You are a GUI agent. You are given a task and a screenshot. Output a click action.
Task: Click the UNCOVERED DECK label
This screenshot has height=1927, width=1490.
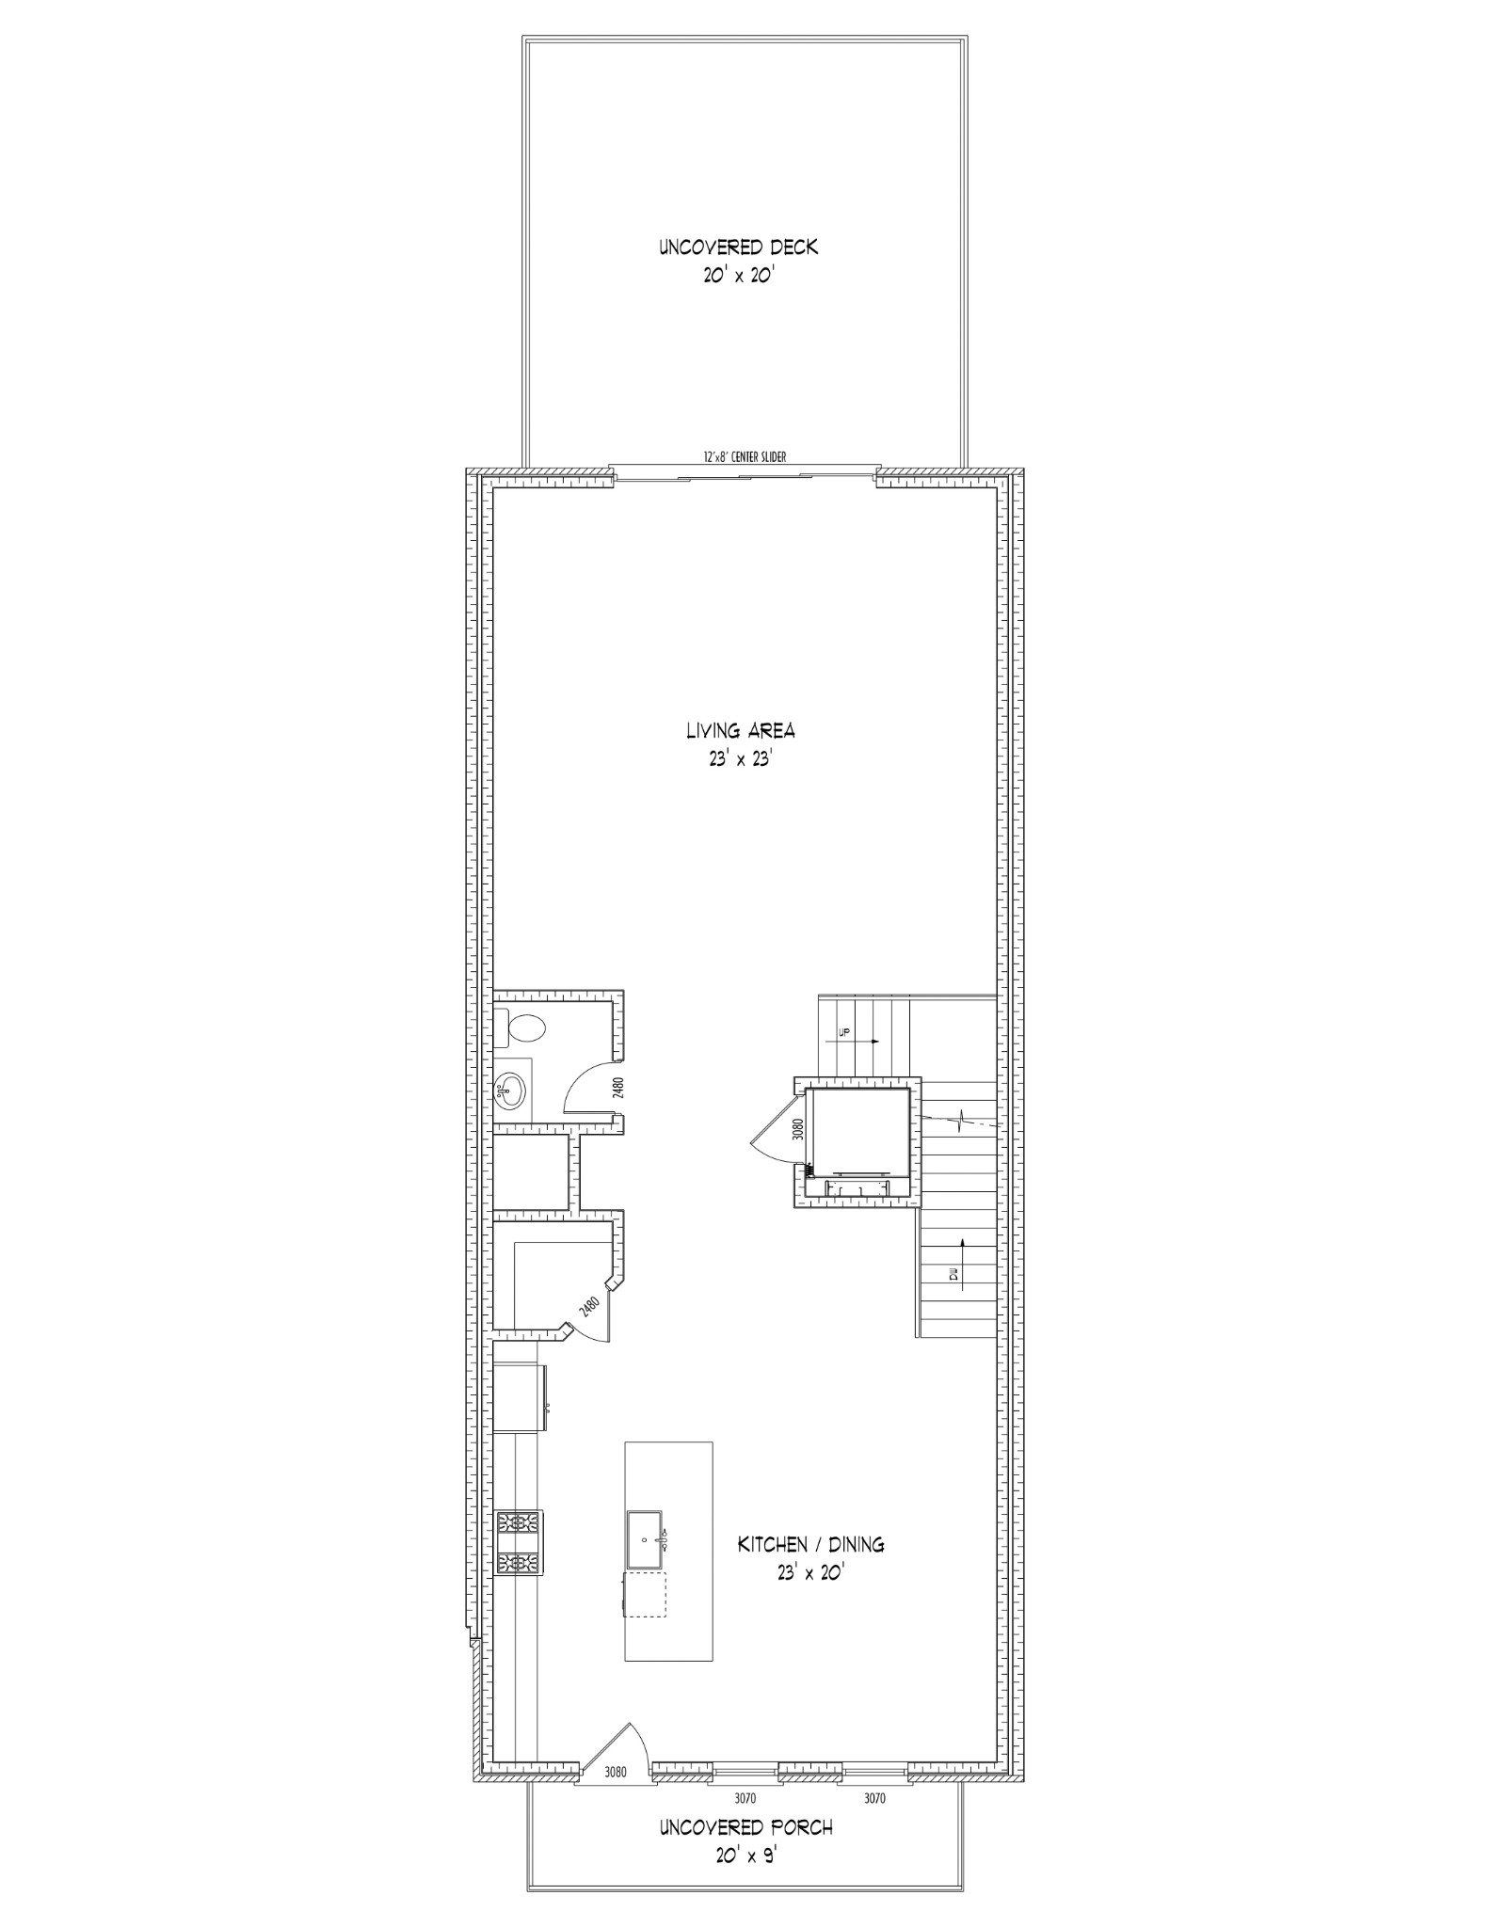pyautogui.click(x=738, y=247)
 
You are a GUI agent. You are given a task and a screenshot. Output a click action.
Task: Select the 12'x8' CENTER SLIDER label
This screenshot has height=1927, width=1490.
pyautogui.click(x=745, y=457)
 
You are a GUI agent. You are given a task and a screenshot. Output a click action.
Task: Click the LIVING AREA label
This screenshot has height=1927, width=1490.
pyautogui.click(x=740, y=730)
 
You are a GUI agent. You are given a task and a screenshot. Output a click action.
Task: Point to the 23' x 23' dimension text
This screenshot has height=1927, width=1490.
pyautogui.click(x=740, y=759)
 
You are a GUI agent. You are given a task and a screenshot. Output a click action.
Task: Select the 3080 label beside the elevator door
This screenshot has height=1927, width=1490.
pyautogui.click(x=798, y=1129)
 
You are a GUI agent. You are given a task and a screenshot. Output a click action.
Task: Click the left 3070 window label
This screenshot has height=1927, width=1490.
pyautogui.click(x=745, y=1798)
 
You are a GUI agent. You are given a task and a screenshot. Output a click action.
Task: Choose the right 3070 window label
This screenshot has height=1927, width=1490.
pyautogui.click(x=874, y=1798)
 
